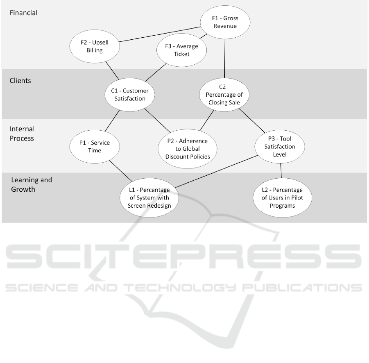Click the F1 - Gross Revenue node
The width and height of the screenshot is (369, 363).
click(225, 22)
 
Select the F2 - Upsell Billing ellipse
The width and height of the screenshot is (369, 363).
click(95, 46)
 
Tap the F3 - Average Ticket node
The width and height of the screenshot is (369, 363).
click(181, 50)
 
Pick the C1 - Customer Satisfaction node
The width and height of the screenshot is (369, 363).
click(130, 94)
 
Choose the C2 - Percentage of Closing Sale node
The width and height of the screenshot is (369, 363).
click(224, 94)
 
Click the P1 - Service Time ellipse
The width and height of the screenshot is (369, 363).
click(95, 146)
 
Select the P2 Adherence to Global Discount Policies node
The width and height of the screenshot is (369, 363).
click(188, 149)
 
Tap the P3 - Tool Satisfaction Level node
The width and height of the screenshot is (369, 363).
click(280, 146)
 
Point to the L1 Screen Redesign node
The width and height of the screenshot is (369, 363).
click(149, 197)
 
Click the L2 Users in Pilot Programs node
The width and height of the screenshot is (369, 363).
click(282, 197)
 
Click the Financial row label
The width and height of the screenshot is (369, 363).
click(23, 13)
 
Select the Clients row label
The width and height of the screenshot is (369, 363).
click(20, 81)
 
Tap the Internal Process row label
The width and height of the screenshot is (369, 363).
click(22, 134)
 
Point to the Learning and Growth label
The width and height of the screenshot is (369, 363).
click(32, 184)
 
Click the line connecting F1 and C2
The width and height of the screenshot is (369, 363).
click(225, 58)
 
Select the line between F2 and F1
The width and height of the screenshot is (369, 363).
click(160, 34)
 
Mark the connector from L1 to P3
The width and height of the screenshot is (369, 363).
click(217, 171)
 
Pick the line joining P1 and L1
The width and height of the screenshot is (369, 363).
click(120, 171)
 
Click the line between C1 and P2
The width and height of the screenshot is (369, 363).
click(157, 120)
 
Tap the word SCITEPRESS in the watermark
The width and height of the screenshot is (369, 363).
click(183, 256)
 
